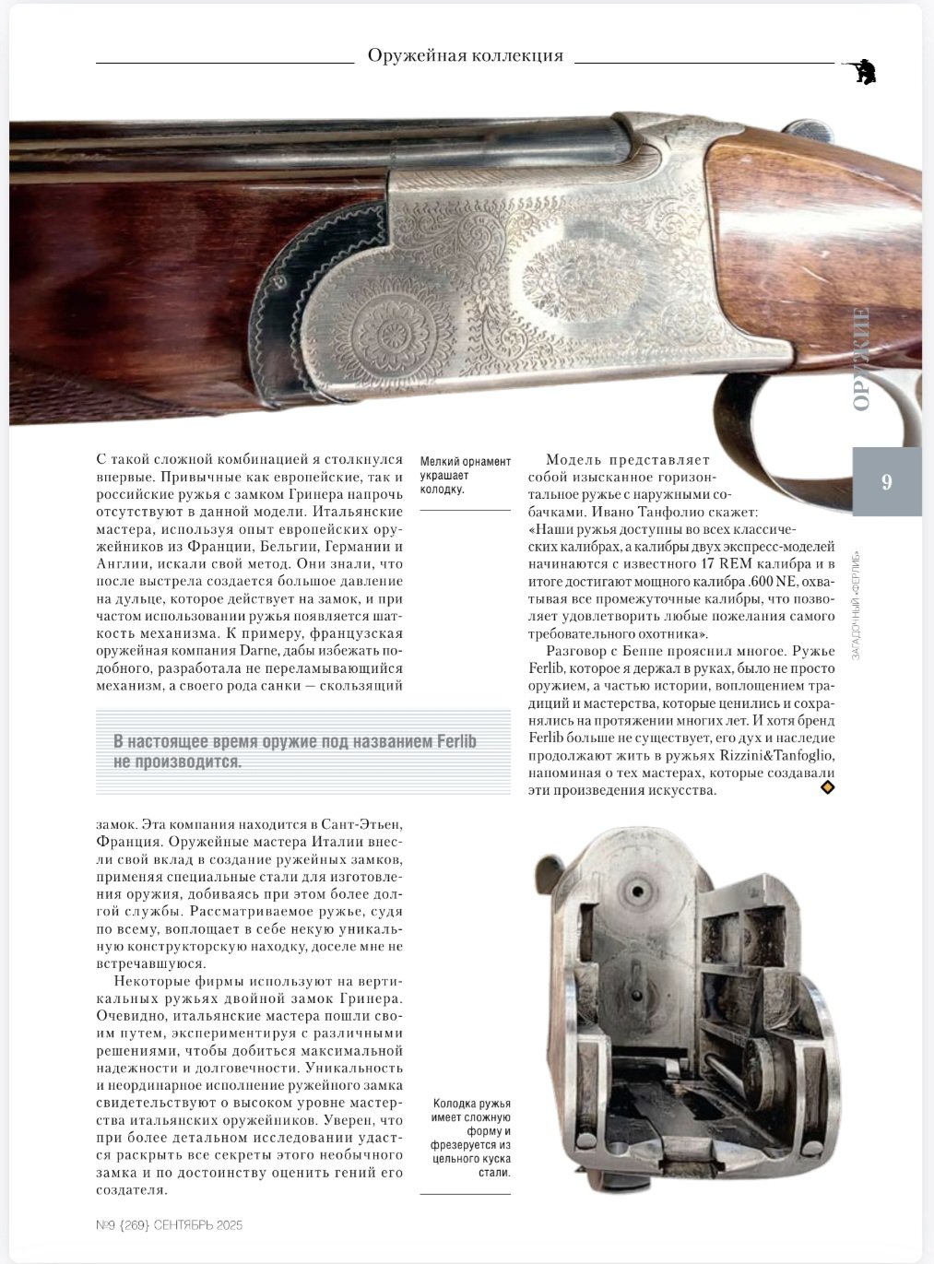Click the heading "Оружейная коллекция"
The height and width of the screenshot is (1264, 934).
[465, 55]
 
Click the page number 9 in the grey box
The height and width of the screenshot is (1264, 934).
[886, 482]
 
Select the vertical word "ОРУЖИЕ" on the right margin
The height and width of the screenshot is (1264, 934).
[861, 360]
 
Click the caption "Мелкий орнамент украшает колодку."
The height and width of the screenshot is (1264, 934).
[465, 475]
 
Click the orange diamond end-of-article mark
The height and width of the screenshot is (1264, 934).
[827, 787]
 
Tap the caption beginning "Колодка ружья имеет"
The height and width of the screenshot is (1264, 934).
[469, 1138]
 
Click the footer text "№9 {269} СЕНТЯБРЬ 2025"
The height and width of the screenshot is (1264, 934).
[169, 1225]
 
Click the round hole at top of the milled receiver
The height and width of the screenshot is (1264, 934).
[635, 892]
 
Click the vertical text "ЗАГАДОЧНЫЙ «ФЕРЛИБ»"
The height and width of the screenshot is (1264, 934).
[857, 599]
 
